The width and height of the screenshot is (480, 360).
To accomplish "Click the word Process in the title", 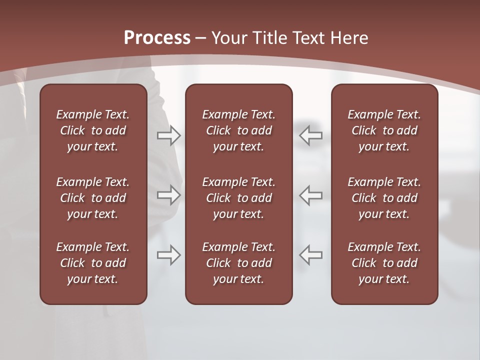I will (157, 38).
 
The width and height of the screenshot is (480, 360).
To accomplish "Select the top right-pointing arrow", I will (169, 135).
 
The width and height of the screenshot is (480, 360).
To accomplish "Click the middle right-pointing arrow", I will (169, 195).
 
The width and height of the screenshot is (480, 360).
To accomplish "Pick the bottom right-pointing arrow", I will (169, 255).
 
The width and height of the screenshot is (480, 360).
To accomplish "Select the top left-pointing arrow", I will (311, 135).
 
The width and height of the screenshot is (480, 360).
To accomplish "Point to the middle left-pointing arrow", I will (311, 195).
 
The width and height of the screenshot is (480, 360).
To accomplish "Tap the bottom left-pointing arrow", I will (311, 255).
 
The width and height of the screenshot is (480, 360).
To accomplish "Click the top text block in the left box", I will (93, 130).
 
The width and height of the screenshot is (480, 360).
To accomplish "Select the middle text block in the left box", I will (93, 198).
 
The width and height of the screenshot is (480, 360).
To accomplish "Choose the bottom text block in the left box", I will (93, 263).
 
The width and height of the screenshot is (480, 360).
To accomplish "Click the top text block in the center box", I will (239, 130).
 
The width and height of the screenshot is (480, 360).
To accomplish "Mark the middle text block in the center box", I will (239, 198).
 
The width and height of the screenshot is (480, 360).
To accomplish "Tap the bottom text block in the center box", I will (239, 263).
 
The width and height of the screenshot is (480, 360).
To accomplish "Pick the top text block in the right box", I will (384, 130).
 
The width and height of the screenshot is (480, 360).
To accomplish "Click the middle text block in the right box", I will (384, 198).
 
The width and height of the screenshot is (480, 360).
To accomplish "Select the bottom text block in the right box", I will (384, 263).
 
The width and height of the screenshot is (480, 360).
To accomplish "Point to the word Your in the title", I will (229, 38).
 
